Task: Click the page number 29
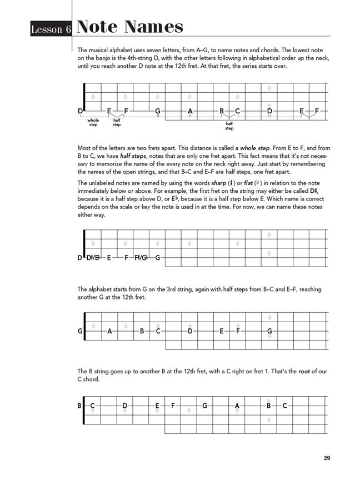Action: [327, 458]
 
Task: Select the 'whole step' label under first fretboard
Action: [93, 122]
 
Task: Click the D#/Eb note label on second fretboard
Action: [93, 258]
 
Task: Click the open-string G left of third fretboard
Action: [80, 332]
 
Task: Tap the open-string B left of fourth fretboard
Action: [79, 406]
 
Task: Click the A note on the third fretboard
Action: [109, 332]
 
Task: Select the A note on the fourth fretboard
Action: [237, 406]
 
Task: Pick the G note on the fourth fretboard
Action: [205, 406]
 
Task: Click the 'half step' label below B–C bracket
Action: [229, 126]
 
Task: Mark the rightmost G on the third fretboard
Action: [269, 332]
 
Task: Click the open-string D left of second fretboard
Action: [80, 258]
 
